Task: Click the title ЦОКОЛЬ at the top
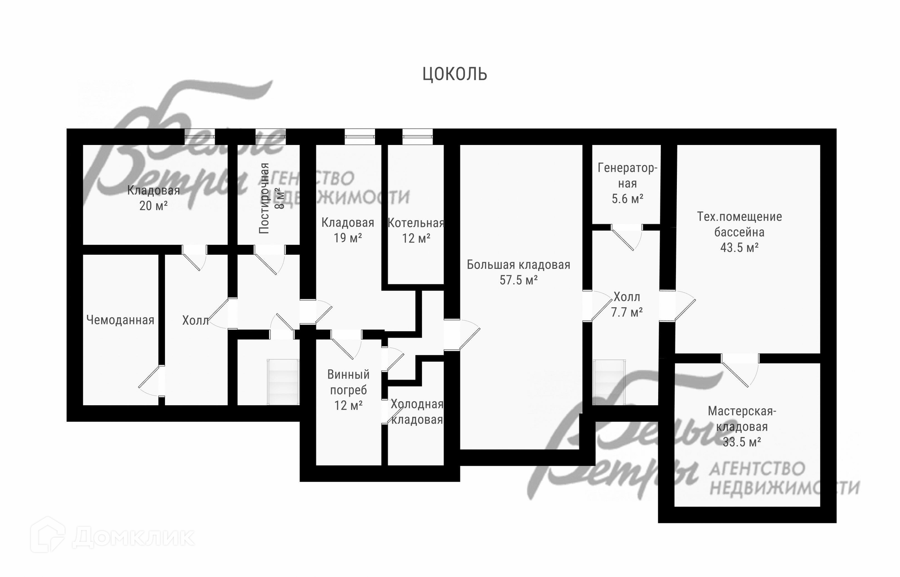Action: (x=455, y=74)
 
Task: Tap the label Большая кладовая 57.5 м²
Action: (x=518, y=273)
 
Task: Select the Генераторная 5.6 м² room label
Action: (x=627, y=183)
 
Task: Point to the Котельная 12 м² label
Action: (x=416, y=231)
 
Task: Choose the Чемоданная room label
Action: (x=120, y=320)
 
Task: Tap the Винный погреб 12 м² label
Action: (x=348, y=390)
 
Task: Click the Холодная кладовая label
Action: (x=417, y=412)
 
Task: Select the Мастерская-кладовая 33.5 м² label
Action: (x=742, y=426)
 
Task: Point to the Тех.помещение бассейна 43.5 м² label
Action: (x=739, y=232)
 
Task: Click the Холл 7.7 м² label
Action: (x=627, y=304)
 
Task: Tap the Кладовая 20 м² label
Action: (x=154, y=198)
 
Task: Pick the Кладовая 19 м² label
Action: (x=348, y=230)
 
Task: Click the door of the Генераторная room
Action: (x=627, y=237)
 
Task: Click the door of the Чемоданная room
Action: (x=151, y=380)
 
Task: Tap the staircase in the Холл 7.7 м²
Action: (x=609, y=382)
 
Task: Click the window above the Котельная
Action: (x=417, y=137)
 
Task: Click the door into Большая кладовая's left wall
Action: (x=462, y=334)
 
